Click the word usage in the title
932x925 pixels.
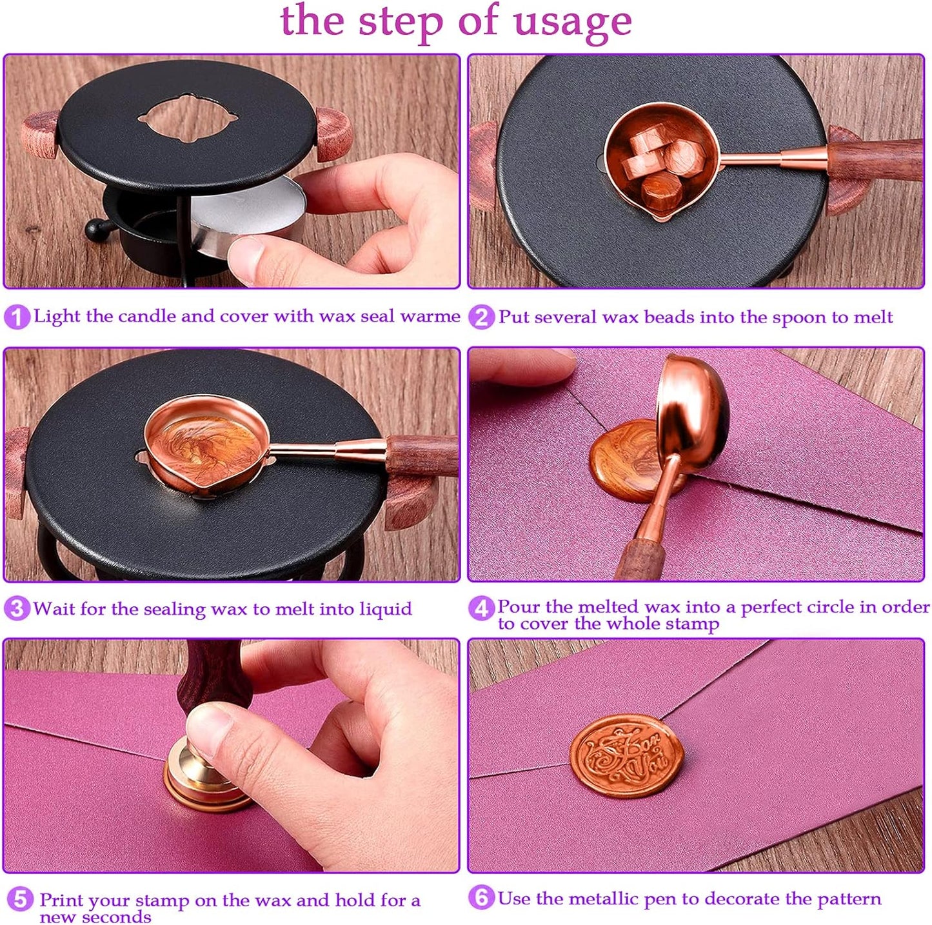(572, 22)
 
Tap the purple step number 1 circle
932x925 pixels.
(17, 317)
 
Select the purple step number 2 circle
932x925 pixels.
(481, 317)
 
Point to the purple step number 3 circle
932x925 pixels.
(17, 608)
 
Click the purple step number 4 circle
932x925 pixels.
(481, 608)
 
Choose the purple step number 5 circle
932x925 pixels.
(20, 899)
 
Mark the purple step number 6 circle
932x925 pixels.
(481, 898)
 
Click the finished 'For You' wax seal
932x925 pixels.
(626, 756)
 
